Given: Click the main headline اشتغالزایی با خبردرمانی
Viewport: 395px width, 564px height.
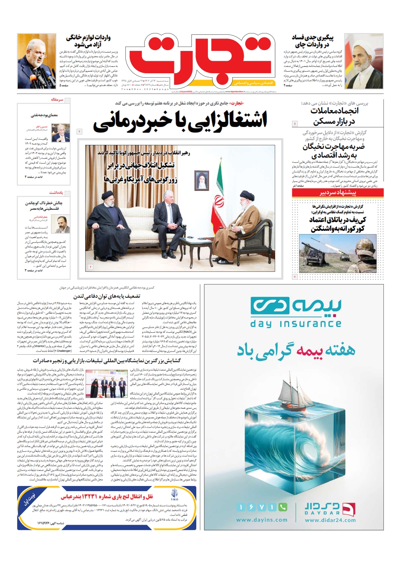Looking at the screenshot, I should (180, 121).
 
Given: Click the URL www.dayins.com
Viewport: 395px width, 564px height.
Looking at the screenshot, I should (262, 519).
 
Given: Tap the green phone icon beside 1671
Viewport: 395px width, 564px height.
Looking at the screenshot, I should (283, 507).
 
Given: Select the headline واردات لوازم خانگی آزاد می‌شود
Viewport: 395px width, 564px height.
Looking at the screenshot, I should (88, 41).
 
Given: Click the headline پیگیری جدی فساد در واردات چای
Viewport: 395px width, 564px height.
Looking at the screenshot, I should (313, 41).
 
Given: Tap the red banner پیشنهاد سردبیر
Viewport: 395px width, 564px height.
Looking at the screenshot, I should (338, 193).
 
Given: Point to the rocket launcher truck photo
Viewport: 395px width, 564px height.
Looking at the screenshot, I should (338, 253).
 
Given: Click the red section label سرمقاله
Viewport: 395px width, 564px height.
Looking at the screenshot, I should (57, 100).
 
